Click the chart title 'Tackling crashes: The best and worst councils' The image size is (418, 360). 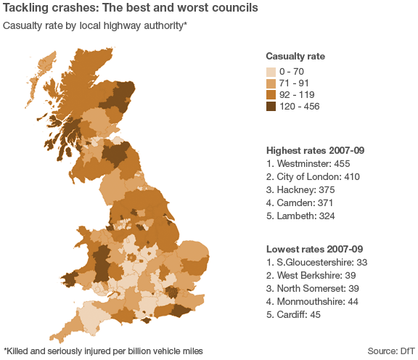[130, 9]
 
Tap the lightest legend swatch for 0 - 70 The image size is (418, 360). [271, 72]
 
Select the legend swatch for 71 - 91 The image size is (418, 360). [271, 83]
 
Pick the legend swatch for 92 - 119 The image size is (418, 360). [271, 95]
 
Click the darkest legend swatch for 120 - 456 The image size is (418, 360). [271, 107]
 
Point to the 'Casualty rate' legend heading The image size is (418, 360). [295, 57]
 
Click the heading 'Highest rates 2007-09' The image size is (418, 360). [315, 150]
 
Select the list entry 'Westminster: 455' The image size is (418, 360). [308, 164]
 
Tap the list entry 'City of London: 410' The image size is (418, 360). [313, 177]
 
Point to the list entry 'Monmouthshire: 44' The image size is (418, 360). [310, 302]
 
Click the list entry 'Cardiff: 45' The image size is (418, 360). [293, 315]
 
